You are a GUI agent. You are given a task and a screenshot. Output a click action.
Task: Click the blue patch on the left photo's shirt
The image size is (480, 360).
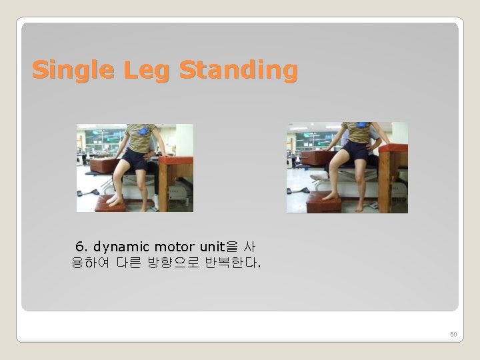[142, 130]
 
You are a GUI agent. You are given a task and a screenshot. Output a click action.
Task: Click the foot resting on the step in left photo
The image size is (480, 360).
[113, 199]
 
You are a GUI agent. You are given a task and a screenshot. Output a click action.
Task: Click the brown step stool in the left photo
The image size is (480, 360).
[110, 205]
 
